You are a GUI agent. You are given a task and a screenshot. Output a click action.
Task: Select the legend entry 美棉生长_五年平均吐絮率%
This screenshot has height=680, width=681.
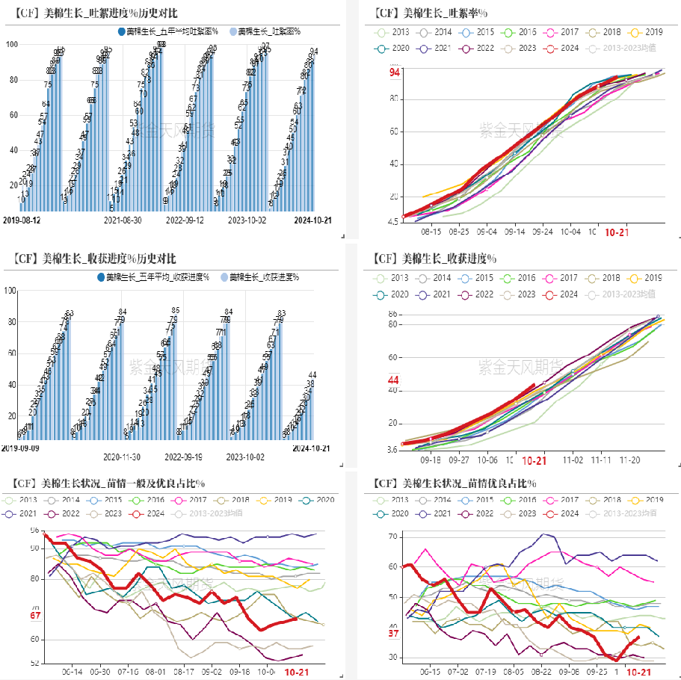click(x=171, y=31)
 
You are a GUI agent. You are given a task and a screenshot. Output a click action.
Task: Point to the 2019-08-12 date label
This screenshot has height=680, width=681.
click(x=22, y=220)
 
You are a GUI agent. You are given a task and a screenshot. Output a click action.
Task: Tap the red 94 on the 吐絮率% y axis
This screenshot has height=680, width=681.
click(x=395, y=72)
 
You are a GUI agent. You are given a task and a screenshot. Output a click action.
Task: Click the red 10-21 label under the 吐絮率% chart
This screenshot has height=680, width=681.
click(x=616, y=232)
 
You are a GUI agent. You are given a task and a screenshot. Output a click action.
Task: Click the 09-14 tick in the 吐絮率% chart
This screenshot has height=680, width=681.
click(x=514, y=232)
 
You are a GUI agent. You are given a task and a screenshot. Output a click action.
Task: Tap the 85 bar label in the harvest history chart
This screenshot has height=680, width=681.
click(x=175, y=310)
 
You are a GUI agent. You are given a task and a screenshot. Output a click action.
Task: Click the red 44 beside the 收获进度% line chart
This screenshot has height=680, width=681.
click(x=394, y=380)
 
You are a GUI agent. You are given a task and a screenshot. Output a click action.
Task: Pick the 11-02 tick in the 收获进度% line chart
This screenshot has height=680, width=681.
click(x=573, y=461)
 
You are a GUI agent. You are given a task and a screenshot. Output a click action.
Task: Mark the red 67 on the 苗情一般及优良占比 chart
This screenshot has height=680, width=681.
click(x=35, y=616)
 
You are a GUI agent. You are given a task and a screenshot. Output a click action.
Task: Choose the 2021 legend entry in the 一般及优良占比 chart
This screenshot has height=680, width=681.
click(x=25, y=514)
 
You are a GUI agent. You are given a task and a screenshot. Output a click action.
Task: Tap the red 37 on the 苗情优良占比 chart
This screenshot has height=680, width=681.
click(x=394, y=634)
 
